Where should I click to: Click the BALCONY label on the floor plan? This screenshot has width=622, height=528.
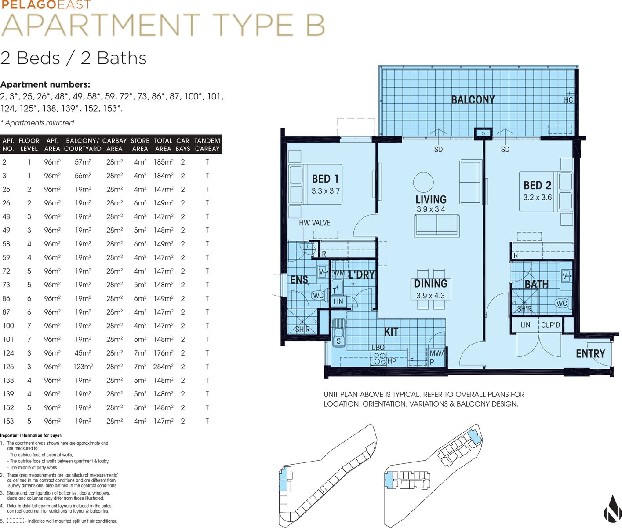pos(473,100)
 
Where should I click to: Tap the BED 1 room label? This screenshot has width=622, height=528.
pos(325,179)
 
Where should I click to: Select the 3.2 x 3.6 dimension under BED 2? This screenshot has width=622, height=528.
pos(538,198)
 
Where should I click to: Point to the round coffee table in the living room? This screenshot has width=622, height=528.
pos(423,183)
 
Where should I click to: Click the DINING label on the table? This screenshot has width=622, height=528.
pos(430,283)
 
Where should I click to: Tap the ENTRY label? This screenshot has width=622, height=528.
pos(590,354)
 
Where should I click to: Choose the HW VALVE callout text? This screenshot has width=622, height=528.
pos(314,223)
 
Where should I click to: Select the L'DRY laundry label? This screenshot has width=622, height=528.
pos(362,275)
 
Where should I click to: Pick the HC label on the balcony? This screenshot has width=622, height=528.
pos(568,100)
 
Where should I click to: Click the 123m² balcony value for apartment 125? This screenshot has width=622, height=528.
pos(83,367)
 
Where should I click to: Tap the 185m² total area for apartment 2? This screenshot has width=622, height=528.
pos(164,162)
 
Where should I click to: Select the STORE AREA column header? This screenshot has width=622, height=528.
pos(140,145)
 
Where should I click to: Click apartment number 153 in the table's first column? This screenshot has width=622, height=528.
pos(8,421)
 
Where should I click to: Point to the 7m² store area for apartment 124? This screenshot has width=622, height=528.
pos(140,353)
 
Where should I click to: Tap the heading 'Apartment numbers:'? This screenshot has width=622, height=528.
pos(45,84)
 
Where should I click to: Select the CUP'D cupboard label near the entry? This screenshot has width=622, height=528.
pos(550,325)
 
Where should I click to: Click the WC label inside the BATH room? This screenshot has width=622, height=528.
pos(561,303)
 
